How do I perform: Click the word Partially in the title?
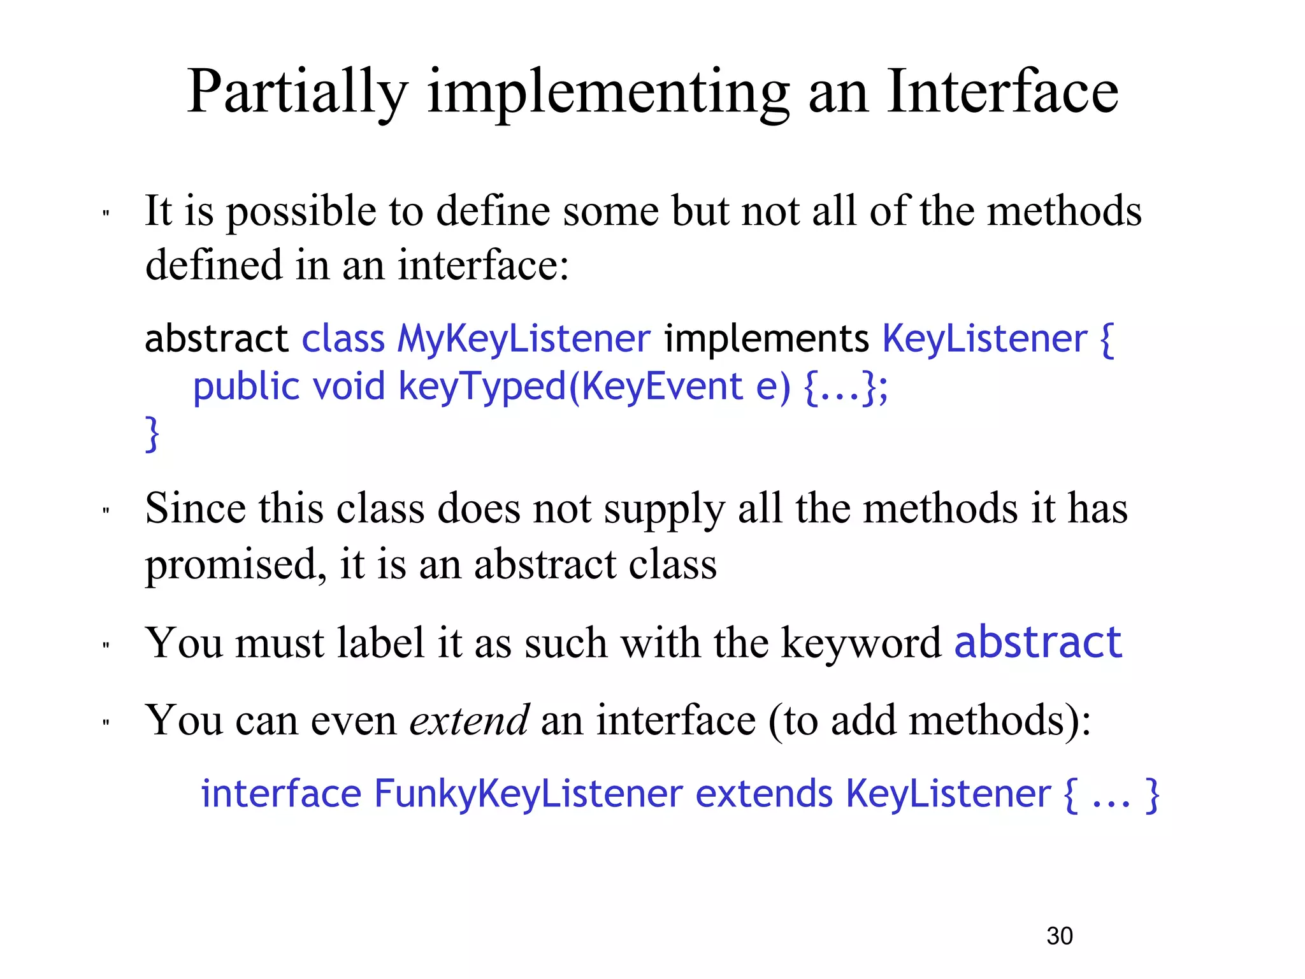tap(297, 92)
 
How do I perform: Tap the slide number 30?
tap(1060, 936)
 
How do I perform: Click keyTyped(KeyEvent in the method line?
tap(570, 387)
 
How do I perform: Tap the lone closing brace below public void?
tap(152, 434)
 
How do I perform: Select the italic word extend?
tap(469, 720)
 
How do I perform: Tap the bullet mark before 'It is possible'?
tap(106, 214)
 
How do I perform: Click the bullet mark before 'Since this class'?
tap(106, 511)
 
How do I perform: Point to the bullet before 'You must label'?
tap(106, 646)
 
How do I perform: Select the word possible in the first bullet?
tap(301, 212)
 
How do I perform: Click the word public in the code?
tap(246, 387)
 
